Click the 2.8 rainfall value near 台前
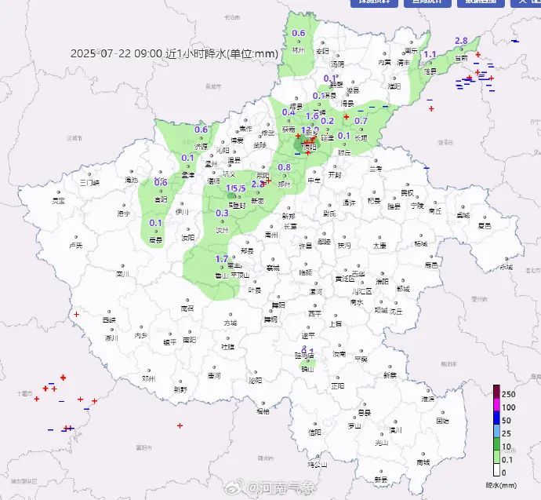[x=461, y=41]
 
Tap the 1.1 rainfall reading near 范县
[x=429, y=54]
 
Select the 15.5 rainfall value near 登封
[x=236, y=188]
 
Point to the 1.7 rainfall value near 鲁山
[x=221, y=258]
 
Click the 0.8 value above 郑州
[x=285, y=167]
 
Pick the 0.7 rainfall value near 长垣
[x=361, y=121]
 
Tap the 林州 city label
[x=298, y=49]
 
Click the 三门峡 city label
[x=91, y=182]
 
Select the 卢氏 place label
[x=75, y=245]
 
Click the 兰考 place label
[x=376, y=167]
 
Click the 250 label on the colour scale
[x=509, y=393]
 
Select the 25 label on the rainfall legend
[x=507, y=433]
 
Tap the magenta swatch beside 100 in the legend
[x=497, y=407]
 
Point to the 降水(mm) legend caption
[x=502, y=484]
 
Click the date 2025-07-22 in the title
[x=100, y=53]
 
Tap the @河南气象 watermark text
[x=279, y=488]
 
